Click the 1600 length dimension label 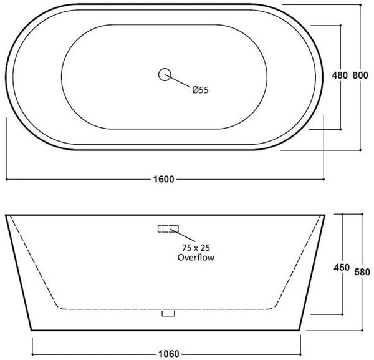pos(163,179)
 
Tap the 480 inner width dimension pos(340,75)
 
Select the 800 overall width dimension pos(360,75)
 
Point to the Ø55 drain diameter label pos(200,90)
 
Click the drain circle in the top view pos(165,74)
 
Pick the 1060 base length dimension pos(169,354)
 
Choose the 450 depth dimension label pos(342,268)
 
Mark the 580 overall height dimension pos(362,272)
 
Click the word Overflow pos(196,257)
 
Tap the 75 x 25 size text pos(196,248)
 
